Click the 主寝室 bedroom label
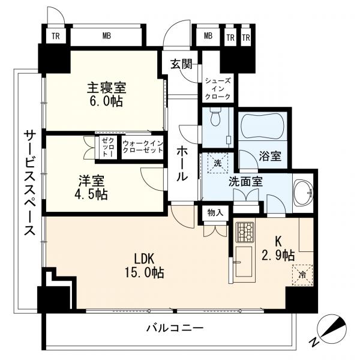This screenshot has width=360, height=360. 107,88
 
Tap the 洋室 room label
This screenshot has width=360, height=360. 91,181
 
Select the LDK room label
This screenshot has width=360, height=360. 144,259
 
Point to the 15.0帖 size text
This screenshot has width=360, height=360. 144,273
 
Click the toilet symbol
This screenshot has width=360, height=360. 215,118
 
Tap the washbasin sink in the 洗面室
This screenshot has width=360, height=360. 304,192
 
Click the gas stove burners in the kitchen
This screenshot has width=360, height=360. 245,232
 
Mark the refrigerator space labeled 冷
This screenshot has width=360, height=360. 302,275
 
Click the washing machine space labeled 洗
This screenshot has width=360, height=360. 217,163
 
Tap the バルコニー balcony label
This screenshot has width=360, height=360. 175,328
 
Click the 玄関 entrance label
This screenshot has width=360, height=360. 181,64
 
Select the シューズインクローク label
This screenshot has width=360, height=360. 218,89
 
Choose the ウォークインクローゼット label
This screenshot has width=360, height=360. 143,147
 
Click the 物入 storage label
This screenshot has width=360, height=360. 215,213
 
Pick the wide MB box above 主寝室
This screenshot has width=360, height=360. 107,36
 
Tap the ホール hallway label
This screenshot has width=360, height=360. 183,163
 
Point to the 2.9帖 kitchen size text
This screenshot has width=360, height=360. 278,256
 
